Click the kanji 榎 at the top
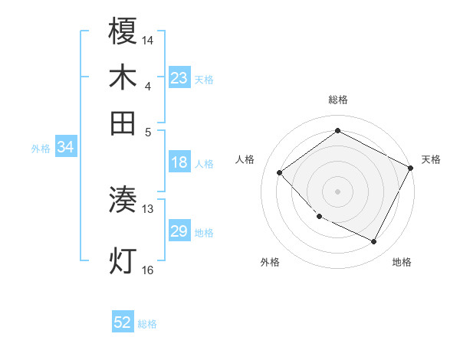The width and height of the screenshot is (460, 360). (123, 32)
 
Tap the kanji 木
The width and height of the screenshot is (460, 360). (123, 77)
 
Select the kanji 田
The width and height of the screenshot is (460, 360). (123, 123)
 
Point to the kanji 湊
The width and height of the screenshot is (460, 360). (123, 201)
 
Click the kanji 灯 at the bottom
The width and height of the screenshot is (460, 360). (123, 260)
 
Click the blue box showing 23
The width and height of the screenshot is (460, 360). (179, 78)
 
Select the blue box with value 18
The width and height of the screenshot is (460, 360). (179, 162)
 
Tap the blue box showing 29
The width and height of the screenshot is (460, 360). (179, 231)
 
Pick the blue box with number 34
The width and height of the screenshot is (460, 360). (65, 148)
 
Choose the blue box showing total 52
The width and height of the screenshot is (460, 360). (123, 322)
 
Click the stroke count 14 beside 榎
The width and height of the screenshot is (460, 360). (148, 39)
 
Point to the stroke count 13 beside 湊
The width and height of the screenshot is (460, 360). (148, 208)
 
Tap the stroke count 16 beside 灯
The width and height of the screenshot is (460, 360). (148, 269)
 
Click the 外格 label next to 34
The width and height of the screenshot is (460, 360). (41, 149)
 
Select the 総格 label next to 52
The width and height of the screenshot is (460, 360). (147, 324)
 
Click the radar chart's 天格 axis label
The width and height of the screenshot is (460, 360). (431, 159)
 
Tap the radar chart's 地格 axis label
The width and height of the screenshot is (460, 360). (402, 262)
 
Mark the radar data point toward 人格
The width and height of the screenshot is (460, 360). (280, 172)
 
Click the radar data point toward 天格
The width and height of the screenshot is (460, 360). (411, 169)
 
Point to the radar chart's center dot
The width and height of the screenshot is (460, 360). (337, 191)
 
